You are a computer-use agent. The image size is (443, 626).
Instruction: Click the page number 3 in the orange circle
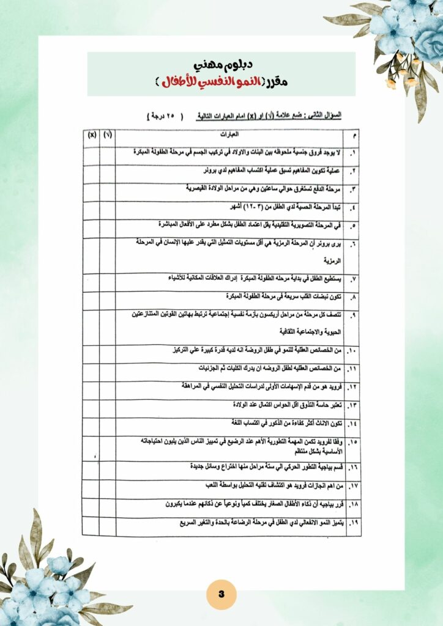pos(221,594)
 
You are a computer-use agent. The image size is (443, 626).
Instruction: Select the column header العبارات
pos(231,134)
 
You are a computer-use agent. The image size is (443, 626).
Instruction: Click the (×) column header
pos(92,134)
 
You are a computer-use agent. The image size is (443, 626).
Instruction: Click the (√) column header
pos(108,134)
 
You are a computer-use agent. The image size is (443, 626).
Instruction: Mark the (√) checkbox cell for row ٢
pos(108,171)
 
